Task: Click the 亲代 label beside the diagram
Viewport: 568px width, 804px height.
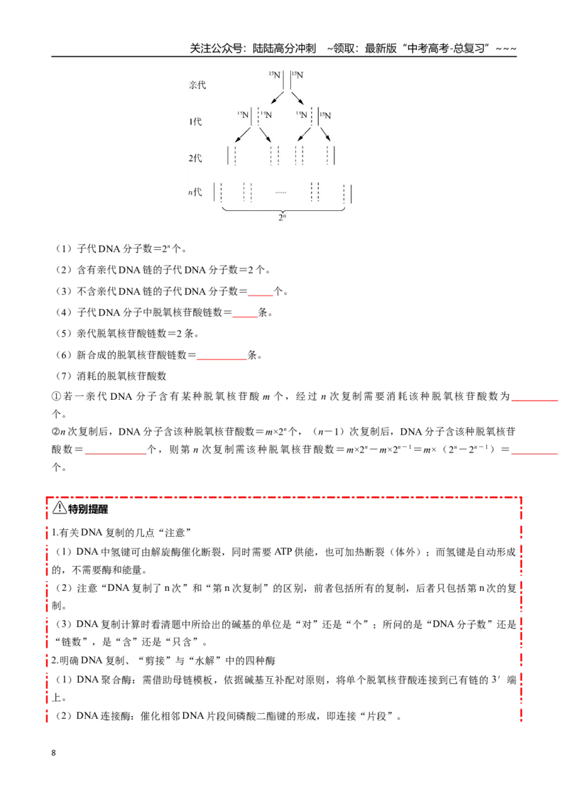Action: [197, 85]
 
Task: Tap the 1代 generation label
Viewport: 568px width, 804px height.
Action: [195, 121]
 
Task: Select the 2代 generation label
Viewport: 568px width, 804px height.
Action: [195, 158]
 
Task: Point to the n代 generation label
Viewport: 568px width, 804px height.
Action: [195, 192]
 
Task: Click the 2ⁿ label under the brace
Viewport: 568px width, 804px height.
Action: [283, 217]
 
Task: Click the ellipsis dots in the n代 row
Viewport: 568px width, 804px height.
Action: [280, 192]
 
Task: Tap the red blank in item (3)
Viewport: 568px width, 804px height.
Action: [261, 295]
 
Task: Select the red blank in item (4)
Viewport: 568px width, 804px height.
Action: [245, 316]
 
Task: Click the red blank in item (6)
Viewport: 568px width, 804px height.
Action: [222, 359]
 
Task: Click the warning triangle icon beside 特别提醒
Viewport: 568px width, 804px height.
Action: [60, 508]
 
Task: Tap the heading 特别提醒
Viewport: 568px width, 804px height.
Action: [88, 509]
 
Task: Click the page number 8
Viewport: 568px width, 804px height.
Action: [54, 753]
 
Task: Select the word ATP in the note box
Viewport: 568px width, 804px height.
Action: [283, 552]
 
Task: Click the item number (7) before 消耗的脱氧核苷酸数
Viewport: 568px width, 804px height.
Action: [64, 376]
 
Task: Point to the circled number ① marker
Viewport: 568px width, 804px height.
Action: [56, 396]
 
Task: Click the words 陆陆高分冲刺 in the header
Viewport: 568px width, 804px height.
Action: [284, 49]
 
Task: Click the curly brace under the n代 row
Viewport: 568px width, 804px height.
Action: [283, 208]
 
